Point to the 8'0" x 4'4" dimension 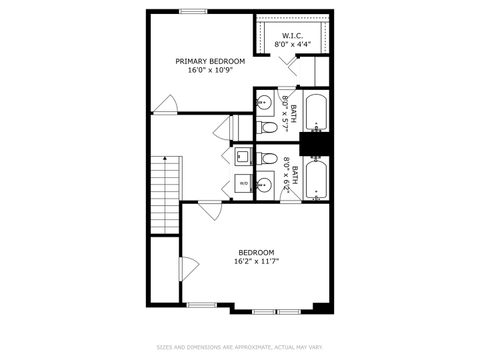coord(292,44)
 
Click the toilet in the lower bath coord(267,158)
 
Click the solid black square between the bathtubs coord(317,146)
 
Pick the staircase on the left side coord(164,195)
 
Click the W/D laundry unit coord(243,183)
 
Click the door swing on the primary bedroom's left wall coord(168,104)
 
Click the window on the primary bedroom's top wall coord(193,11)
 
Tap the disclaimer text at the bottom coord(240,348)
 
